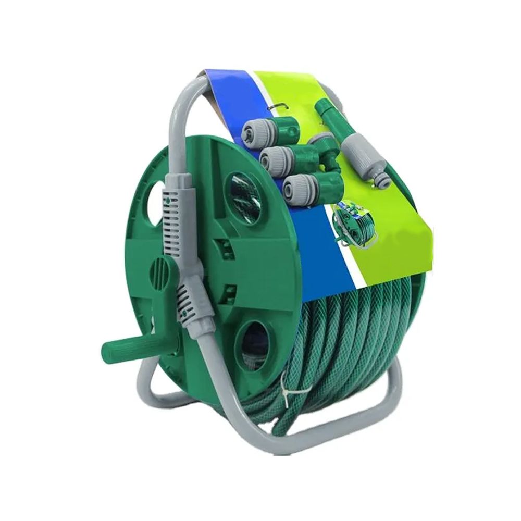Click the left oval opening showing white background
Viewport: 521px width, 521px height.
coord(155,205)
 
